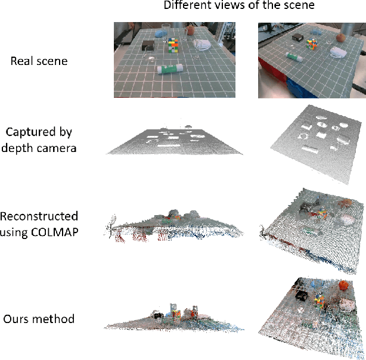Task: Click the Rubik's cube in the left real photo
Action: point(172,45)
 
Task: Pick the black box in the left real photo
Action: point(147,45)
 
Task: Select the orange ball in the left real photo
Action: point(190,29)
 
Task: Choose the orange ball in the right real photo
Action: point(341,38)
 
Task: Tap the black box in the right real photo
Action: point(298,38)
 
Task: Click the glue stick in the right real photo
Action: point(295,57)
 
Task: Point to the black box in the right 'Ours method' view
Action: point(300,294)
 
